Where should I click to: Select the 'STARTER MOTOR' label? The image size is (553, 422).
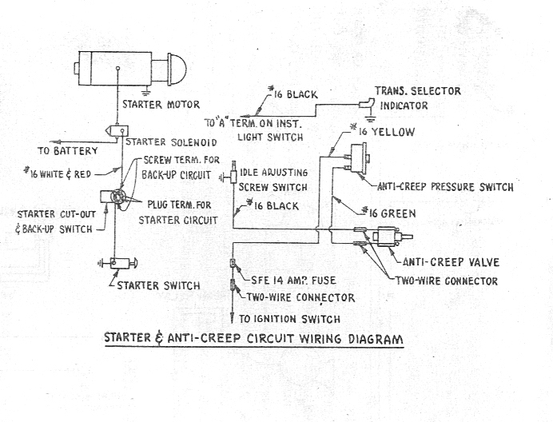pyautogui.click(x=161, y=104)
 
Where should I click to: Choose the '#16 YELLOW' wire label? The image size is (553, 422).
pyautogui.click(x=385, y=131)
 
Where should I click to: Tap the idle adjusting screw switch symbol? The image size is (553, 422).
pyautogui.click(x=233, y=174)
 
